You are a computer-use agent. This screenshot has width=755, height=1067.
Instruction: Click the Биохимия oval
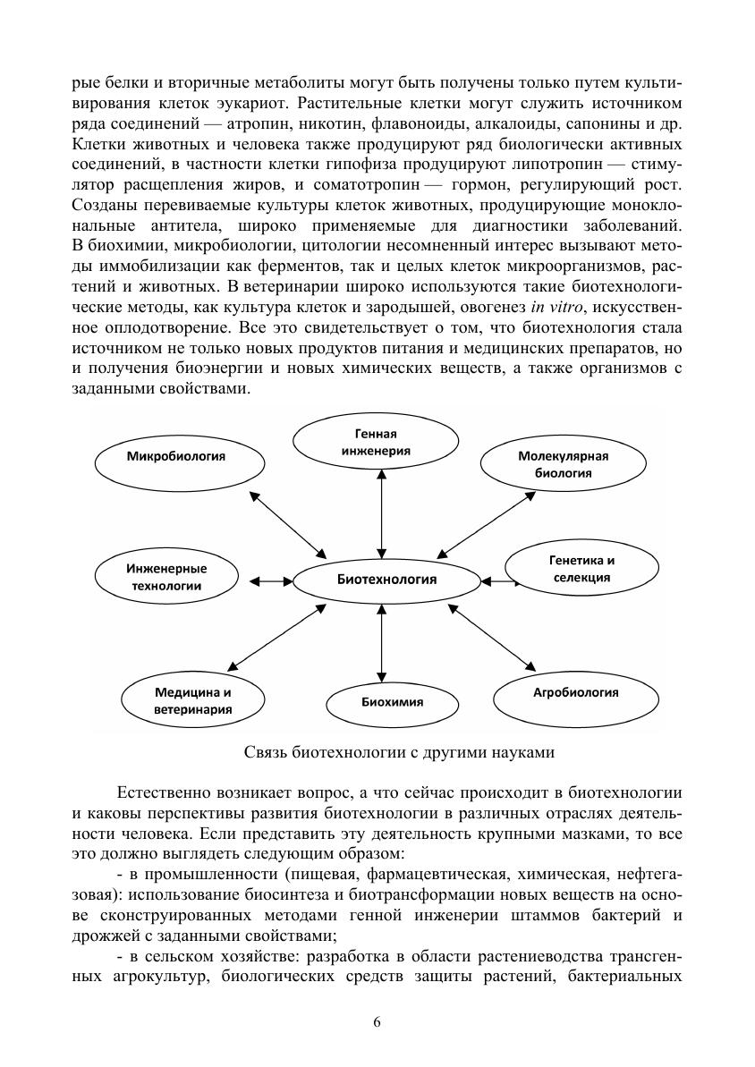click(x=392, y=703)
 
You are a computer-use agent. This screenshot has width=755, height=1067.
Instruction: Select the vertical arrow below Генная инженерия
click(x=382, y=516)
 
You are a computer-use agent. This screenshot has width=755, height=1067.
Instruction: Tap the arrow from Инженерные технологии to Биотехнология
click(x=268, y=580)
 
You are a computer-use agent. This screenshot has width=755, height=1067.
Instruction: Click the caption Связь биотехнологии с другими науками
click(x=399, y=752)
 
